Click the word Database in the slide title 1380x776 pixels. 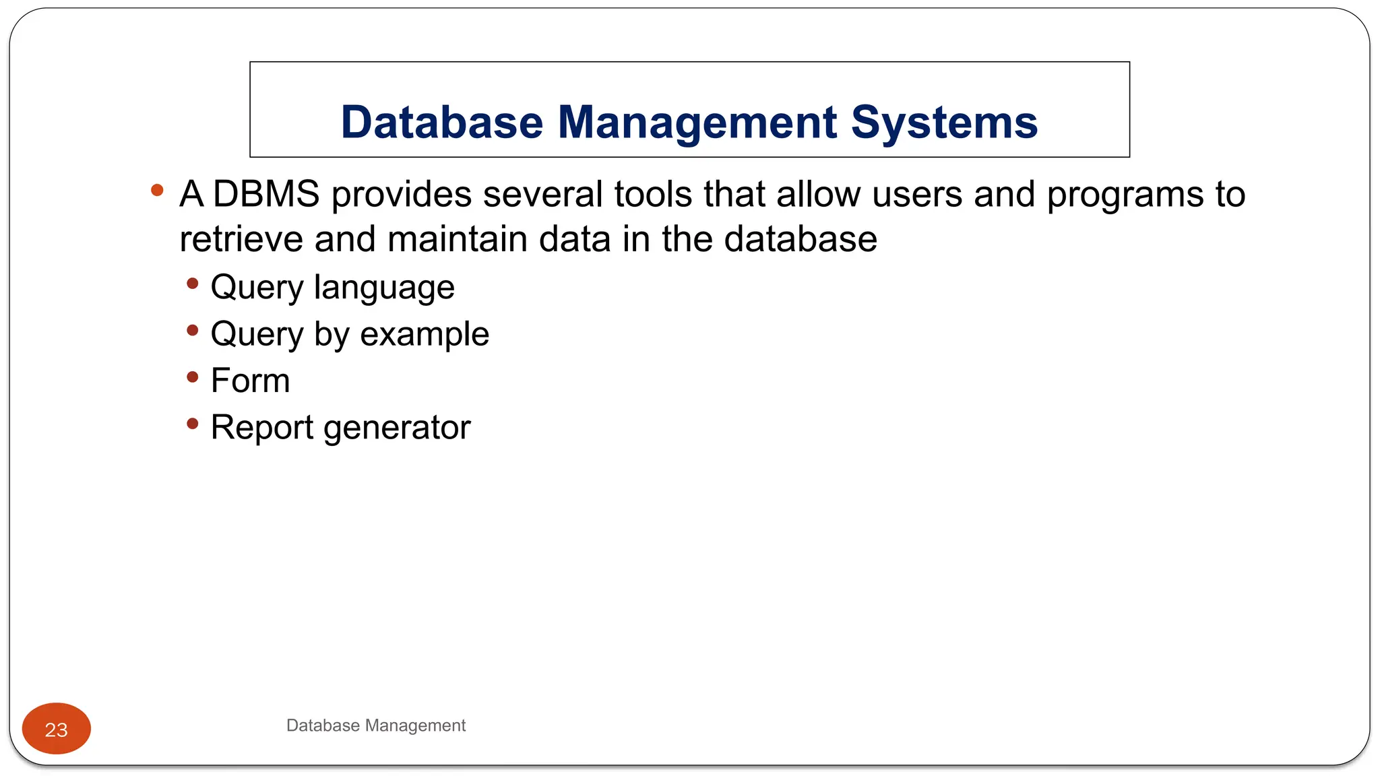coord(441,123)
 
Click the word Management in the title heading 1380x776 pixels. coord(697,123)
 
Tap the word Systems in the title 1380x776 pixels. coord(944,123)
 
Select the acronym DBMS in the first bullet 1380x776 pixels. coord(266,194)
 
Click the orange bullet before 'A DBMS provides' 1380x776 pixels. coord(157,191)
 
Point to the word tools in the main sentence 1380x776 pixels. coord(652,194)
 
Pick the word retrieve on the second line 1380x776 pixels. coord(241,239)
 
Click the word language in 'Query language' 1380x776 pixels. coord(384,288)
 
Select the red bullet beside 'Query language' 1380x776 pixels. coord(193,284)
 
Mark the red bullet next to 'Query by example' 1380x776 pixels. coord(193,330)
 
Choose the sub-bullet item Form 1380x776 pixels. coord(250,381)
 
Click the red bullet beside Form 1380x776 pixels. coord(193,377)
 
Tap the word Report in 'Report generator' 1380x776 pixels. coord(261,428)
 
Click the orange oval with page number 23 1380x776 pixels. coord(57,729)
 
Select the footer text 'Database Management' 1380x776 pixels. coord(375,725)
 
